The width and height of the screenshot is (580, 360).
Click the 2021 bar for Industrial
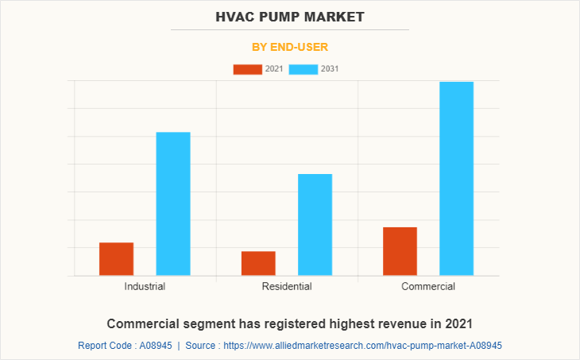(116, 259)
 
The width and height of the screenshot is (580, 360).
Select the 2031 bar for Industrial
(173, 203)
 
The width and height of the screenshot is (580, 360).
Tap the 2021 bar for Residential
(258, 263)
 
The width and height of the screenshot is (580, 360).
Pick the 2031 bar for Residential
(315, 225)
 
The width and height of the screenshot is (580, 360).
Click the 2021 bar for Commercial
(400, 251)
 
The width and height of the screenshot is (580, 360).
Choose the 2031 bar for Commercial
(456, 179)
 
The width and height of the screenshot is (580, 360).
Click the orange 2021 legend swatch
(247, 69)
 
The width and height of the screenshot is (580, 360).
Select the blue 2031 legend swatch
(303, 69)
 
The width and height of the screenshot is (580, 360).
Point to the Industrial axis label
(145, 286)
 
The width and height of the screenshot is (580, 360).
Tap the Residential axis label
(286, 286)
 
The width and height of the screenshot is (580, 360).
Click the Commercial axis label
(428, 286)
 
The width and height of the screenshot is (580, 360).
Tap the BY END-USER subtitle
(290, 47)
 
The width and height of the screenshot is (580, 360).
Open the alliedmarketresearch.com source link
(362, 346)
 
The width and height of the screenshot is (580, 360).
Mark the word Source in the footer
(202, 346)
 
